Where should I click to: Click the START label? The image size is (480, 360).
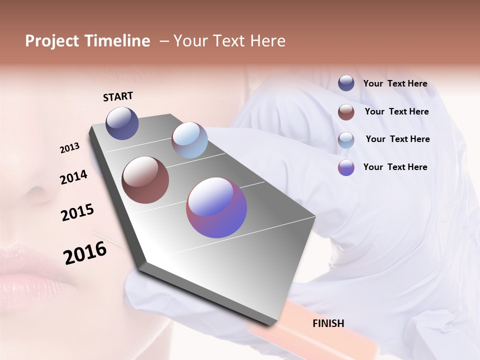pyautogui.click(x=118, y=96)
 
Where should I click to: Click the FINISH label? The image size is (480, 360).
pyautogui.click(x=328, y=323)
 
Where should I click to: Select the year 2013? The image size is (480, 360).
pyautogui.click(x=70, y=148)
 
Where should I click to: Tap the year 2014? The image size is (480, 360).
pyautogui.click(x=73, y=177)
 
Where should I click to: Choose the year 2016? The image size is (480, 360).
pyautogui.click(x=85, y=253)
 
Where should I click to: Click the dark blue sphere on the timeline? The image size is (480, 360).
pyautogui.click(x=122, y=123)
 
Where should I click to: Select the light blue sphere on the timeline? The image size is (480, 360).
pyautogui.click(x=189, y=140)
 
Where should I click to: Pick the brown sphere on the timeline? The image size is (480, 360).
pyautogui.click(x=145, y=180)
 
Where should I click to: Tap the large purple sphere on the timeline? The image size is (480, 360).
pyautogui.click(x=216, y=207)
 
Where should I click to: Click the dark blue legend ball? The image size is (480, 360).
pyautogui.click(x=346, y=83)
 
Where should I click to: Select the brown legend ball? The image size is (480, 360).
pyautogui.click(x=346, y=112)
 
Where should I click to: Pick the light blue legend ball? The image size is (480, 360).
pyautogui.click(x=346, y=139)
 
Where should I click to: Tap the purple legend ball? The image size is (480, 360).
pyautogui.click(x=346, y=167)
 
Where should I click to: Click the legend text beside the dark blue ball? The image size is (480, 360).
pyautogui.click(x=395, y=84)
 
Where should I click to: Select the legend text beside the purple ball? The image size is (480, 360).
pyautogui.click(x=395, y=167)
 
